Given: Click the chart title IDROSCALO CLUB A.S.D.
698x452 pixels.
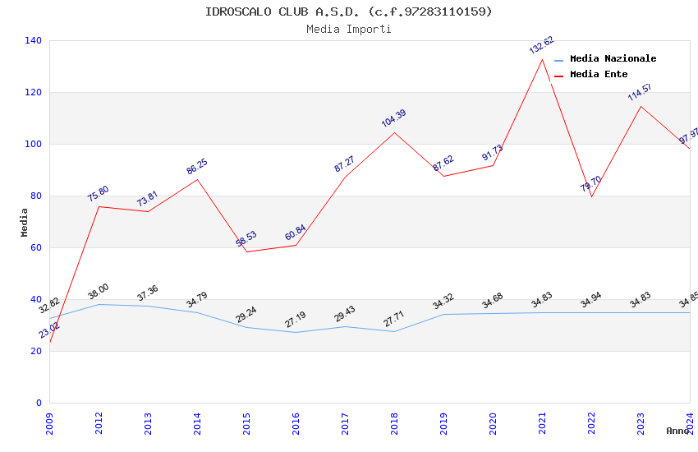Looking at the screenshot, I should pyautogui.click(x=349, y=12).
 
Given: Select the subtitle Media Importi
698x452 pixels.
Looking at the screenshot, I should pyautogui.click(x=349, y=29).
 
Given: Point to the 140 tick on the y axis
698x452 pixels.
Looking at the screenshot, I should pyautogui.click(x=34, y=40).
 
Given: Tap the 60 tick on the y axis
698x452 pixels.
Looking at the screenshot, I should pyautogui.click(x=36, y=247).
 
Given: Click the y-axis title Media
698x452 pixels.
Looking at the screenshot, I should pyautogui.click(x=24, y=222).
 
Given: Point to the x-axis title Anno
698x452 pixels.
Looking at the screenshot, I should pyautogui.click(x=677, y=431).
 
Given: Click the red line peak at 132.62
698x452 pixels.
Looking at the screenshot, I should pyautogui.click(x=542, y=59).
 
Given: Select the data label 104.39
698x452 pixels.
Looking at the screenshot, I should pyautogui.click(x=393, y=118).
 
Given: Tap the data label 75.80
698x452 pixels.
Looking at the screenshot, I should pyautogui.click(x=98, y=194).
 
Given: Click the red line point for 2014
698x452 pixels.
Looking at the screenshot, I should pyautogui.click(x=197, y=179).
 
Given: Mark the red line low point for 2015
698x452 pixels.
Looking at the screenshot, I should pyautogui.click(x=246, y=251).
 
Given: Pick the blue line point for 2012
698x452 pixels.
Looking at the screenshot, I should pyautogui.click(x=99, y=304).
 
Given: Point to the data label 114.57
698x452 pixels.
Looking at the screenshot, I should pyautogui.click(x=640, y=92).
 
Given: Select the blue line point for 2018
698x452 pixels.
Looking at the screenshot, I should pyautogui.click(x=394, y=331).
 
